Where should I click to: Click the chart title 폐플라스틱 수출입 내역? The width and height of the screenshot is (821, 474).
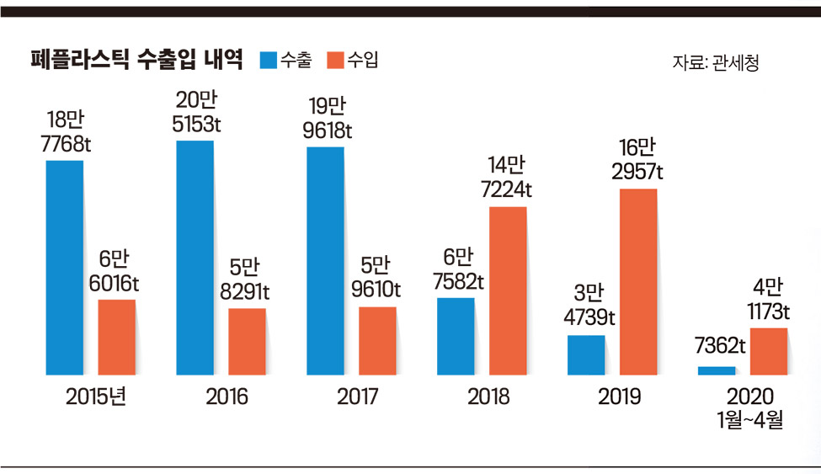click(x=136, y=60)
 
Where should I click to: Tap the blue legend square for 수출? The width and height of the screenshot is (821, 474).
click(x=268, y=60)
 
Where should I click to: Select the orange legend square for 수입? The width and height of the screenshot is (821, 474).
click(x=333, y=60)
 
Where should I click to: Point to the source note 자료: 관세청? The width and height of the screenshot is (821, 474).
click(x=716, y=63)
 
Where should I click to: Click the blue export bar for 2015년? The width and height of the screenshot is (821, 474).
click(x=64, y=267)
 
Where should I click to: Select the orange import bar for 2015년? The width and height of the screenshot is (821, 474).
click(x=116, y=337)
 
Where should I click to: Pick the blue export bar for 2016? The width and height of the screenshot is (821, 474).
click(x=195, y=258)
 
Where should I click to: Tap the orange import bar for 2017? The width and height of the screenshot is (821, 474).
click(x=377, y=341)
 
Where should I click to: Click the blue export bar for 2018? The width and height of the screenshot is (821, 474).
click(x=456, y=336)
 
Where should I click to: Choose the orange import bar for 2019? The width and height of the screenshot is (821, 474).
click(x=638, y=282)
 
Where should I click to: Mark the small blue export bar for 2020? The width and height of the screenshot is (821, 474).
click(x=717, y=370)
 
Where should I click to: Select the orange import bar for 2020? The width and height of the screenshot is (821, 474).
click(x=769, y=351)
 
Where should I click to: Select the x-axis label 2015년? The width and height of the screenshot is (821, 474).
click(x=95, y=397)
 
